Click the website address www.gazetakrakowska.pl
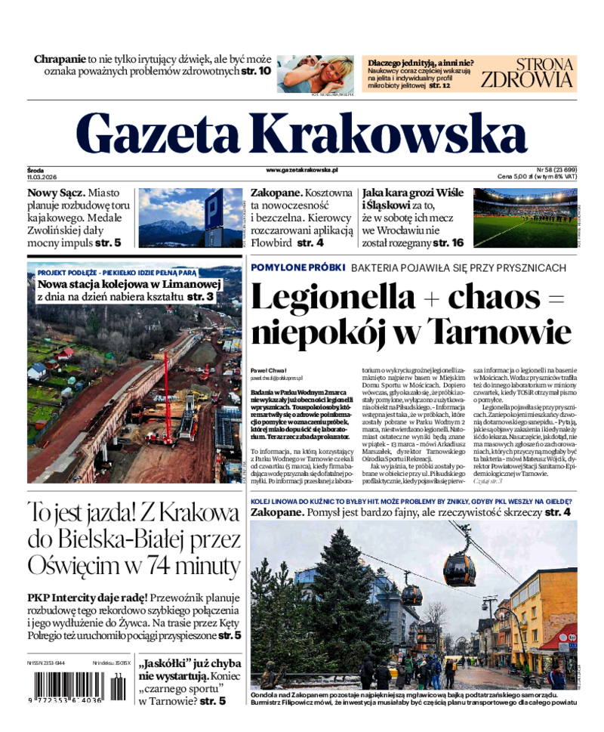302,171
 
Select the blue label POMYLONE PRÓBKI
297,268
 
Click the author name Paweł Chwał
267,370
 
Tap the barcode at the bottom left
72,688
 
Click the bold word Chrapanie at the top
60,58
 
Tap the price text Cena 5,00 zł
522,177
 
